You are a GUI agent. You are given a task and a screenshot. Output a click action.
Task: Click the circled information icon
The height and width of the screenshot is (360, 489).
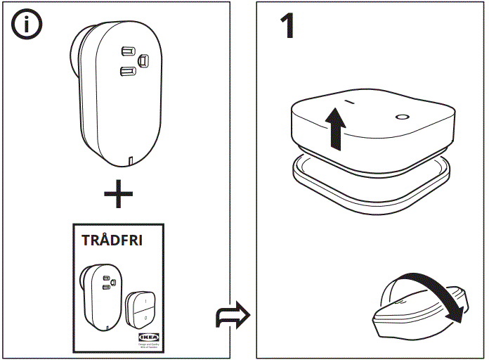click(x=27, y=25)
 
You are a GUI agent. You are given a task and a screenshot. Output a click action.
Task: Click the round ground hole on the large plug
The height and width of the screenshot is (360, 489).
click(x=144, y=60)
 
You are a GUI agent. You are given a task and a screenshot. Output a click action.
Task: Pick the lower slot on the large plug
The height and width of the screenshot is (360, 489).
click(x=126, y=70)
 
